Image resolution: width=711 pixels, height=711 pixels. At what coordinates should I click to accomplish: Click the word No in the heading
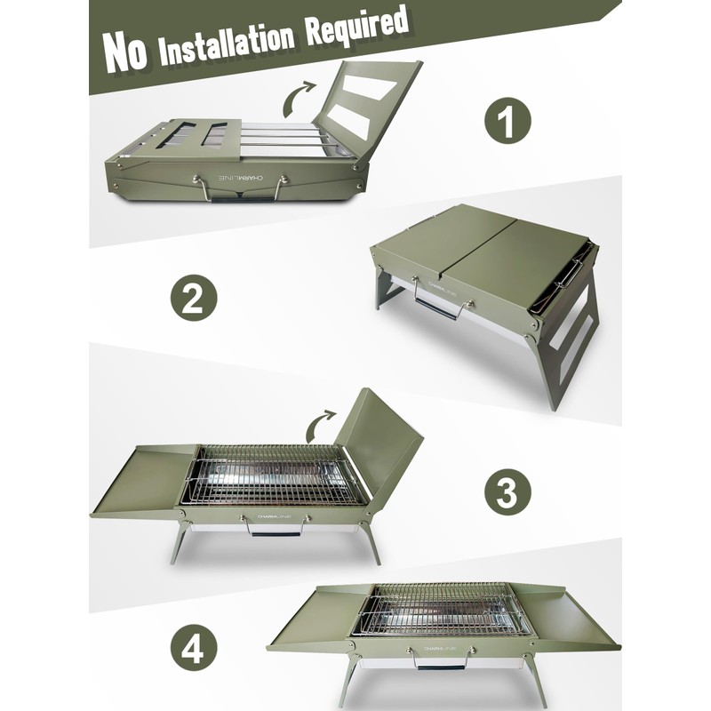[126, 52]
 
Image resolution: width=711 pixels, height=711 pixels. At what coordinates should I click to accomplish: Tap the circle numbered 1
[507, 121]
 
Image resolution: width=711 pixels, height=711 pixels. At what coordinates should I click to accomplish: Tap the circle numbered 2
[194, 298]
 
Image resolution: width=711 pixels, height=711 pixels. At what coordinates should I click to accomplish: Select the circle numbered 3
[507, 491]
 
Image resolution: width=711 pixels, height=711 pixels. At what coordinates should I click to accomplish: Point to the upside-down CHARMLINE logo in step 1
[241, 179]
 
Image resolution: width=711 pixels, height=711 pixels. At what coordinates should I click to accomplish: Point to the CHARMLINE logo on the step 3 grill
[275, 516]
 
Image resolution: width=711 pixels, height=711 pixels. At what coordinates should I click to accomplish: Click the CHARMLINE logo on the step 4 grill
[440, 649]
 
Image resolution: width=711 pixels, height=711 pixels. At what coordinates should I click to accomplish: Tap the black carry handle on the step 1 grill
[242, 198]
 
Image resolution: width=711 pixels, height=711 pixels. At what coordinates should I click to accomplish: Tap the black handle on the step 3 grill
[276, 535]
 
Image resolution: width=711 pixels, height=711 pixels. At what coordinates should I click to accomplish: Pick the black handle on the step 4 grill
[441, 667]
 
